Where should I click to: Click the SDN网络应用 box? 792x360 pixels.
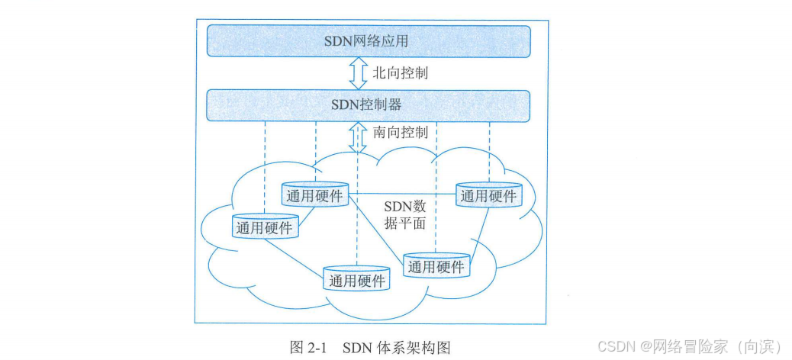(369, 40)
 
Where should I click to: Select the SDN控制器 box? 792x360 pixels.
(369, 104)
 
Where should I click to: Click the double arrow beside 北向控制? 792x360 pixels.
(357, 73)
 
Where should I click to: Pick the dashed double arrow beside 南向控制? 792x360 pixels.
(357, 137)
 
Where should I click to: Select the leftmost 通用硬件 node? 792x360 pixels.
(265, 227)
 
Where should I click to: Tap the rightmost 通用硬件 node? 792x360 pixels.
(488, 196)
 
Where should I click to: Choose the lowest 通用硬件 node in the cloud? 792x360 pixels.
(356, 279)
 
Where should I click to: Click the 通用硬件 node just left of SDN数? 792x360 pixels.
(315, 195)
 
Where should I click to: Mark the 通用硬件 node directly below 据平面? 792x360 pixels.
(436, 266)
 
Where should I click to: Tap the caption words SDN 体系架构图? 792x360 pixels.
(397, 347)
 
